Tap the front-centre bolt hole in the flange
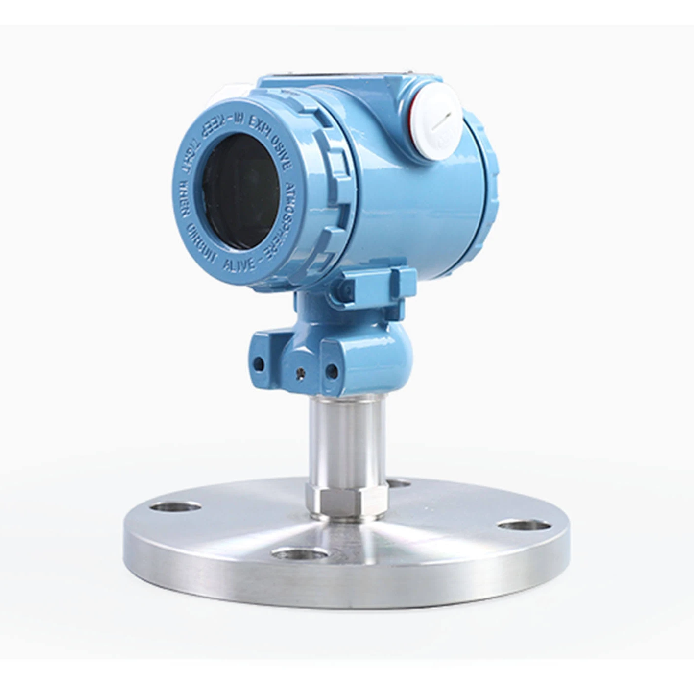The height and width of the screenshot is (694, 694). (300, 554)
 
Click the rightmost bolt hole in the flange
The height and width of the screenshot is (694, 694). (525, 526)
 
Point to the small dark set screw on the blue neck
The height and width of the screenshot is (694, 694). (301, 373)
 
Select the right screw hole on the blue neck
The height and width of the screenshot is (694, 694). (332, 371)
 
